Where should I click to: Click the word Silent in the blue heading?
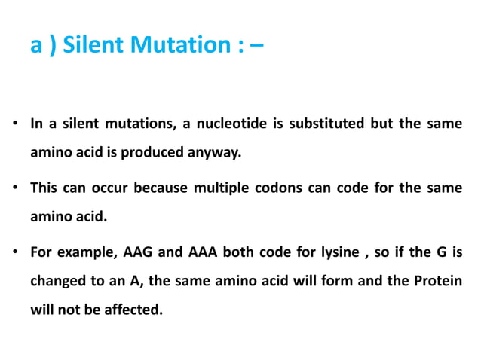(88, 46)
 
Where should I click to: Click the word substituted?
(326, 124)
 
